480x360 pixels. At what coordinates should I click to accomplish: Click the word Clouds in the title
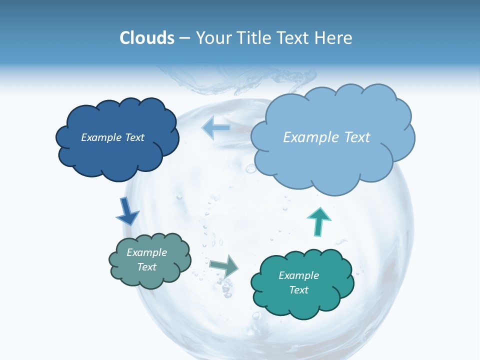tap(147, 38)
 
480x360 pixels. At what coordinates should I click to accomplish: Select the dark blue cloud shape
tap(116, 155)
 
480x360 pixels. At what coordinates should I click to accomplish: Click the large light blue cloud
tap(332, 160)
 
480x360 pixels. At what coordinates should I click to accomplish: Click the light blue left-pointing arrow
tap(216, 127)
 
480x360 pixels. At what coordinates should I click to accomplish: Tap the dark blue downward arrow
tap(127, 210)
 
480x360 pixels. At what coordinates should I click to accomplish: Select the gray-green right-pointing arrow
tap(223, 265)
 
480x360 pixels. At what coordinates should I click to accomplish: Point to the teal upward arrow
tap(318, 221)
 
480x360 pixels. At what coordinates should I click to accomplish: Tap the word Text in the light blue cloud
tap(354, 137)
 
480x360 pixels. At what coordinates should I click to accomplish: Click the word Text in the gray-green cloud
tap(147, 267)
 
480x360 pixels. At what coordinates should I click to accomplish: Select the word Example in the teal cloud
tap(298, 275)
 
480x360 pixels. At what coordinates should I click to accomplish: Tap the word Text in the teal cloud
tap(298, 290)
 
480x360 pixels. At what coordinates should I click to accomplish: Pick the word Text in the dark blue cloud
tap(134, 137)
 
